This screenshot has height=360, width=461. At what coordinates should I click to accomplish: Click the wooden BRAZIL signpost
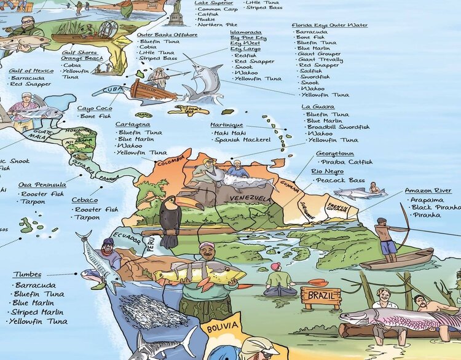pyautogui.click(x=321, y=297)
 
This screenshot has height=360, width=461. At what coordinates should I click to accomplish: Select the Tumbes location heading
pyautogui.click(x=28, y=275)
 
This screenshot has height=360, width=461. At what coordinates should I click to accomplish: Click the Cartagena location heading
pyautogui.click(x=132, y=125)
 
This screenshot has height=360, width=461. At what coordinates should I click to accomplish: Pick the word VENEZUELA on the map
pyautogui.click(x=250, y=198)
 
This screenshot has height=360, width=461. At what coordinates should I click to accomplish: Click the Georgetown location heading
pyautogui.click(x=334, y=154)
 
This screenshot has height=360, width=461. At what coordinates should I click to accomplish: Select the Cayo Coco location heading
pyautogui.click(x=93, y=108)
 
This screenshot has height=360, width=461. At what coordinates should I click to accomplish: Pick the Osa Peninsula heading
pyautogui.click(x=42, y=184)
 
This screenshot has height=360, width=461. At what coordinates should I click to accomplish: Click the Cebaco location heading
pyautogui.click(x=84, y=200)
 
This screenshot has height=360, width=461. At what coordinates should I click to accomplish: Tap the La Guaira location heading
pyautogui.click(x=318, y=106)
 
